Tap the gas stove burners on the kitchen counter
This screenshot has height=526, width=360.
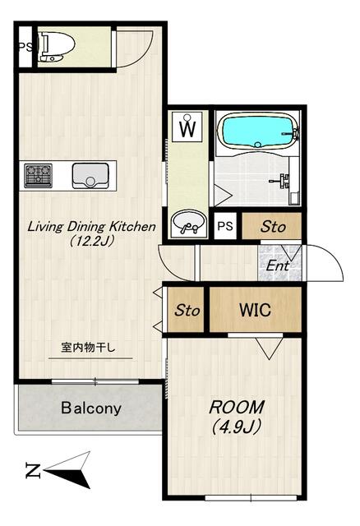tap(39, 176)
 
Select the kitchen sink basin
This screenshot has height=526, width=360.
tap(90, 176)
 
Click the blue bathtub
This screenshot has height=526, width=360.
tap(257, 131)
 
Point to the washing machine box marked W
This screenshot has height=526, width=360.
tap(187, 127)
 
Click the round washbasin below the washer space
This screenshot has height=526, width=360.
tap(188, 222)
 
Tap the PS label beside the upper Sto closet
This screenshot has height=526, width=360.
tap(224, 226)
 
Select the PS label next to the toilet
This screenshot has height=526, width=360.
tap(25, 47)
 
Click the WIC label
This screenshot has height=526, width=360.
tap(255, 310)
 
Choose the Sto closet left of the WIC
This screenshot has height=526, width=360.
tap(187, 310)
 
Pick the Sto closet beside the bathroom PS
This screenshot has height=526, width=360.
tap(271, 226)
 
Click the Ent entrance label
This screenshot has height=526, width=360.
tap(278, 266)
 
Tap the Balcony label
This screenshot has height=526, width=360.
tap(91, 408)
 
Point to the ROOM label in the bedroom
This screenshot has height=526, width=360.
tap(237, 407)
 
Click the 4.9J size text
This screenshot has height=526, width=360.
tap(237, 427)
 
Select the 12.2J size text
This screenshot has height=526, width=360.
tap(91, 241)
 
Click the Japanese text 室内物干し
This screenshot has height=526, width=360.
tap(88, 348)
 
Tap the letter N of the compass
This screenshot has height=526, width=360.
tap(33, 470)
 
